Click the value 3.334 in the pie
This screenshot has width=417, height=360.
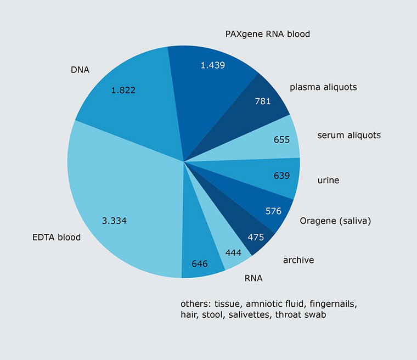(115, 221)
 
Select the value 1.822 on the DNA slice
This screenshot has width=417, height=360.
(123, 90)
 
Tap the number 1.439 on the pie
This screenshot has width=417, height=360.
(212, 65)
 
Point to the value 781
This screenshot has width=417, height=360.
(263, 101)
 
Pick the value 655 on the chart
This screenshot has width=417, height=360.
(281, 140)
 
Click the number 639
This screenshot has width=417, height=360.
(281, 176)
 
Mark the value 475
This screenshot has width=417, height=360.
(256, 237)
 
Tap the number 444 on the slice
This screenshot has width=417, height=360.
(234, 252)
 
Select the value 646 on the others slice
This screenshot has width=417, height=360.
(200, 263)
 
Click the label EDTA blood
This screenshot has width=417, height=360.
(56, 238)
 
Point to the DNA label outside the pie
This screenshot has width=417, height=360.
(80, 70)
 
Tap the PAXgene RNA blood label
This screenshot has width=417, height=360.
(268, 34)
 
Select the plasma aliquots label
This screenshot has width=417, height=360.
(323, 87)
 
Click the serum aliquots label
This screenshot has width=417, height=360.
(349, 135)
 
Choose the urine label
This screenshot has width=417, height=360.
(328, 180)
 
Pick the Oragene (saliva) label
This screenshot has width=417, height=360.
(336, 221)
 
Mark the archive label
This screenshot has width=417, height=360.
(298, 260)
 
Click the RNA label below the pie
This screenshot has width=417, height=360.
(253, 278)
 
